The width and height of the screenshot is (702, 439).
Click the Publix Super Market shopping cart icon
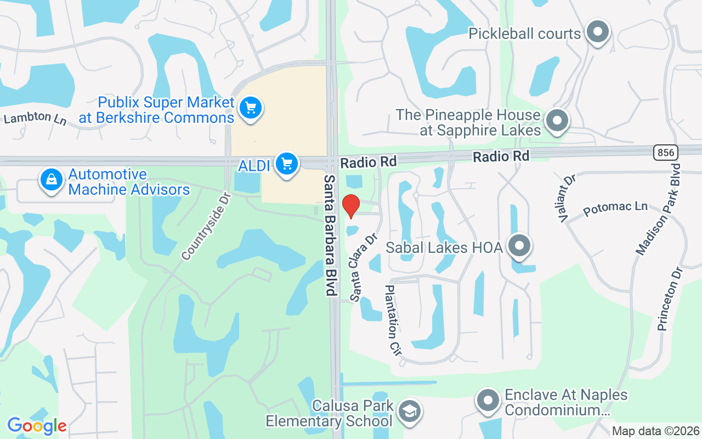[251, 107]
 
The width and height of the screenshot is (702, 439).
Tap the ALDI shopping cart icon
[286, 163]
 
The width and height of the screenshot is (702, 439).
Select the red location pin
[350, 206]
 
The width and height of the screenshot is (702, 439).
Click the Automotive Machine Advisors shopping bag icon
[51, 179]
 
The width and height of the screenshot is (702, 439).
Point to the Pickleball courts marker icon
[597, 32]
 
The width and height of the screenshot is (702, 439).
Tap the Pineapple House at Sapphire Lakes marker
[557, 120]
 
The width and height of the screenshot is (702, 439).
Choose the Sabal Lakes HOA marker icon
[519, 246]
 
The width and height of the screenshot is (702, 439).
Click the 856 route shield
[665, 152]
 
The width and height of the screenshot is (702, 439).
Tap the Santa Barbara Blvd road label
[330, 235]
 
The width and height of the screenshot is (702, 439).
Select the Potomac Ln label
[615, 209]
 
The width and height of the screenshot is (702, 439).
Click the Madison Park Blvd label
[658, 209]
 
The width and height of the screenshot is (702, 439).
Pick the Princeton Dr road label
[671, 299]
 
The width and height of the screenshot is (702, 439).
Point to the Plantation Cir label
[394, 320]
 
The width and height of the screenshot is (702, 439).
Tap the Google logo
[37, 426]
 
